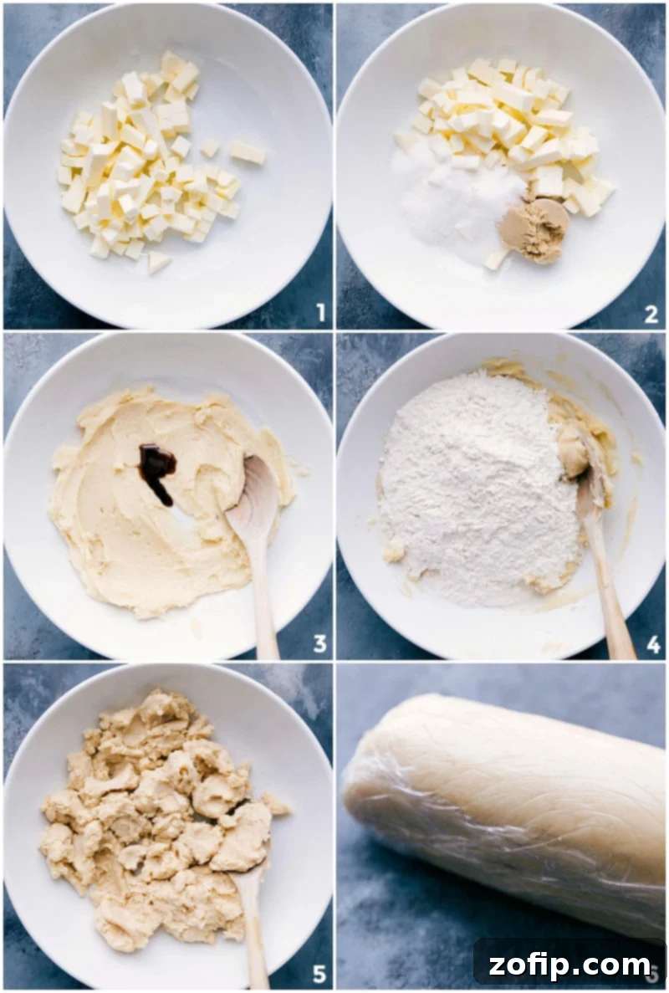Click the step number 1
pos(320,313)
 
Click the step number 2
pos(651,313)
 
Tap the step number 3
pos(319,643)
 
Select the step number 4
pos(653,644)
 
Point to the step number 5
pos(319,974)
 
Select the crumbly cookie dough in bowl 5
pos(159,820)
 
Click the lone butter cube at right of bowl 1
pos(247,153)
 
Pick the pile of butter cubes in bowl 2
pos(510,125)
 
